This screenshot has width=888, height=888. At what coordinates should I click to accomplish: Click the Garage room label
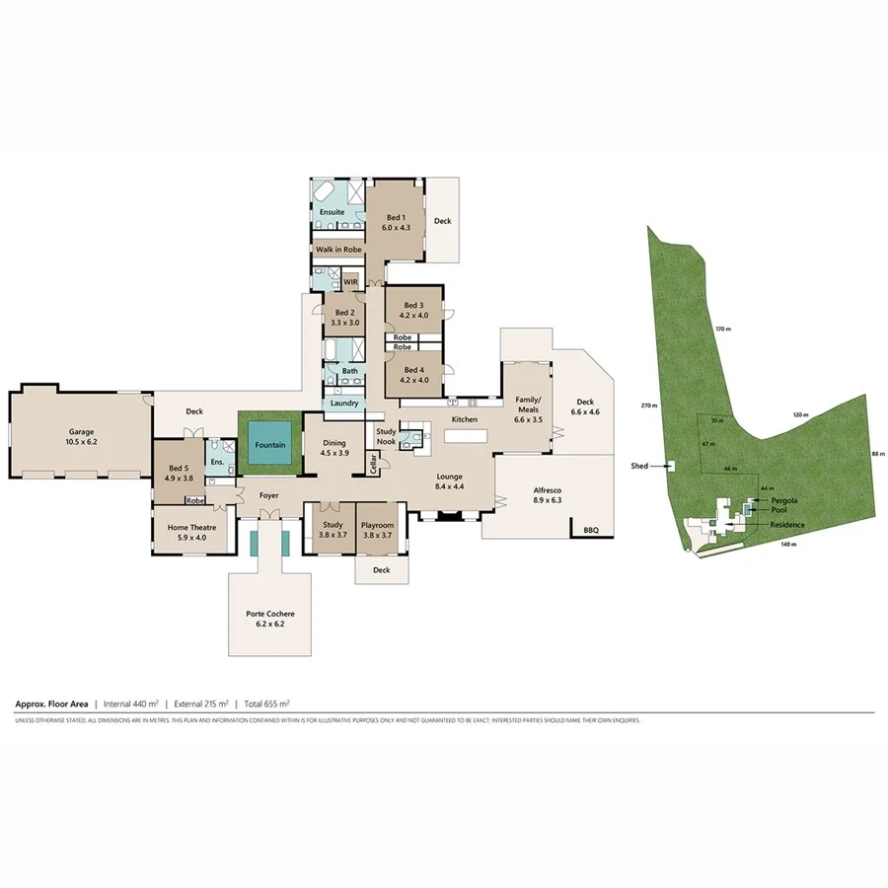[x=81, y=431]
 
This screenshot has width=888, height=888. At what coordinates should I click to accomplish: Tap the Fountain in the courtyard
[x=270, y=445]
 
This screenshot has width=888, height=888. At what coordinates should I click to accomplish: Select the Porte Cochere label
[x=269, y=614]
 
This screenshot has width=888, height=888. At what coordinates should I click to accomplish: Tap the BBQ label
[x=591, y=530]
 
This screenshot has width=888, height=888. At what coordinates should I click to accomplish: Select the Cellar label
[x=373, y=463]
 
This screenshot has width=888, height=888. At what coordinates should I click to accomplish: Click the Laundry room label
[x=344, y=403]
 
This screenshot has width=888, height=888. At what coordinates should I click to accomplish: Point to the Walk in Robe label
[x=338, y=250]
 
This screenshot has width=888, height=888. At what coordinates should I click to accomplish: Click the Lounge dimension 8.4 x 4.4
[x=450, y=485]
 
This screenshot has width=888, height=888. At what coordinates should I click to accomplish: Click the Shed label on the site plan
[x=640, y=465]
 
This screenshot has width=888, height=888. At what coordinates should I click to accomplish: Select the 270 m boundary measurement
[x=648, y=406]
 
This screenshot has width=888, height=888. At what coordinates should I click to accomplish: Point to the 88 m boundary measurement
[x=876, y=454]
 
